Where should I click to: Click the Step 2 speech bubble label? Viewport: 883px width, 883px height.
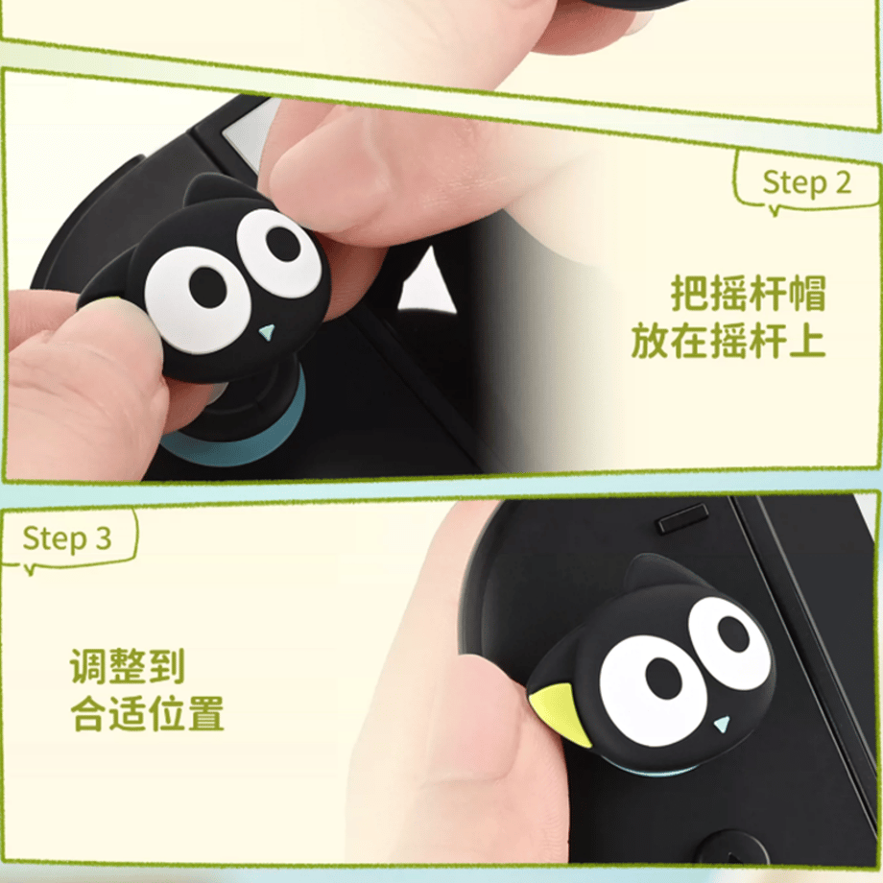806,182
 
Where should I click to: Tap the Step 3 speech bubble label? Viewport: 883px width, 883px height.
67,538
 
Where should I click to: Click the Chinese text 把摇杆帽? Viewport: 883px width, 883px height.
748,293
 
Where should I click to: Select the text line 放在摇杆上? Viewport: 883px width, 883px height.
728,340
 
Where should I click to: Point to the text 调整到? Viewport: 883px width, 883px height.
128,666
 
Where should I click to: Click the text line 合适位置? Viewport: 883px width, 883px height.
148,713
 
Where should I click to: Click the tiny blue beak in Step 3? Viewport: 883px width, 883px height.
722,723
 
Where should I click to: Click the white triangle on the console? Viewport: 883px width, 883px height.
427,281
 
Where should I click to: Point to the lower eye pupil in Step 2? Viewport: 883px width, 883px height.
208,286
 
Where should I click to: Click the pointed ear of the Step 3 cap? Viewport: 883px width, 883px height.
649,573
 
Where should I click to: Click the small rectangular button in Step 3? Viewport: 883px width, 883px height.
683,518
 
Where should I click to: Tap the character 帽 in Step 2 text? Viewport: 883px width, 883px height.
807,293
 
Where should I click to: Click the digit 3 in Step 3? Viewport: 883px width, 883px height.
103,538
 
